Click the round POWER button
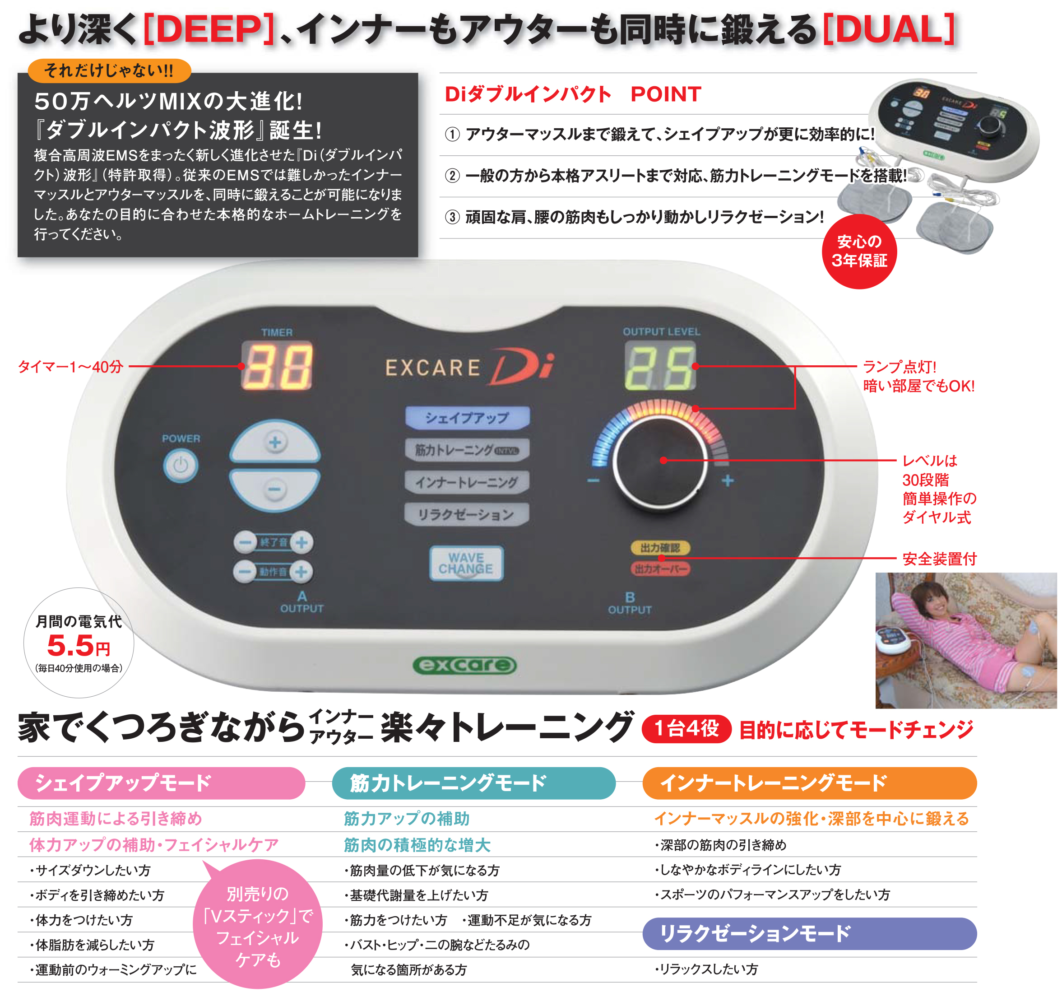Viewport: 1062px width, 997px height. pos(181,466)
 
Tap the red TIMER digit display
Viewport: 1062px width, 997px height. pos(277,366)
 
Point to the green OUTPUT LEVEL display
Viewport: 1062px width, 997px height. pos(661,366)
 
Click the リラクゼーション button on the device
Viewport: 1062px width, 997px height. pos(466,514)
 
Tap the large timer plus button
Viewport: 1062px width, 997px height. pos(275,442)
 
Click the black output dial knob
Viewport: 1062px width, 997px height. pos(661,461)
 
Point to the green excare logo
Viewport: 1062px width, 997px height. pos(465,665)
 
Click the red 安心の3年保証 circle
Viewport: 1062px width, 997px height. pos(859,251)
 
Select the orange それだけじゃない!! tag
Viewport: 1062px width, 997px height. pos(109,70)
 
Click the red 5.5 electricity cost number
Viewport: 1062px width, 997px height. pos(70,646)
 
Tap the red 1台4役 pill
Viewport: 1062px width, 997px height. pos(686,729)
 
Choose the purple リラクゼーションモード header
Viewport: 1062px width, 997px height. pos(809,933)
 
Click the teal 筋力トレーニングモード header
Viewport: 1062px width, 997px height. pos(474,783)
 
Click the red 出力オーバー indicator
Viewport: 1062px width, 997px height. pos(660,569)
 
